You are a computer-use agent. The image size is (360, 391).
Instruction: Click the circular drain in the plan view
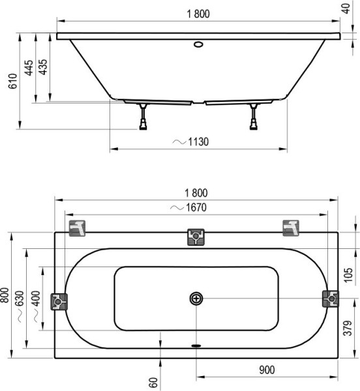[x=197, y=298]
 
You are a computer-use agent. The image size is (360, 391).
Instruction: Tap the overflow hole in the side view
[x=198, y=46]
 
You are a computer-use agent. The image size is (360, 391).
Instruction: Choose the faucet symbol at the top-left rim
[x=78, y=228]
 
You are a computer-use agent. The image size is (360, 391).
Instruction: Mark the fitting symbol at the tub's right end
[x=331, y=299]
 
